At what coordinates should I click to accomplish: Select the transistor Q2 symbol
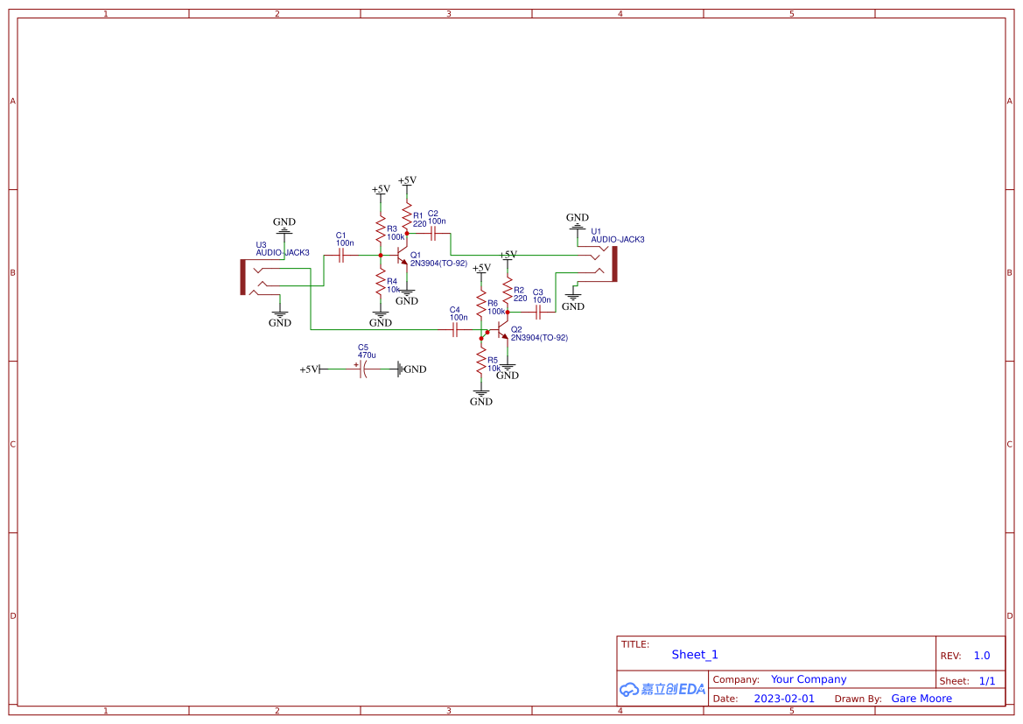pyautogui.click(x=503, y=330)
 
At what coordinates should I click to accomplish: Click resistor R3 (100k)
pyautogui.click(x=381, y=232)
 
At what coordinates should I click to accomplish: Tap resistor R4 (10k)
pyautogui.click(x=381, y=284)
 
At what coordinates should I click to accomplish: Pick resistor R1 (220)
pyautogui.click(x=407, y=214)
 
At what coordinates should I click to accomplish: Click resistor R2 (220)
pyautogui.click(x=508, y=290)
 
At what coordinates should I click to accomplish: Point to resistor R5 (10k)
pyautogui.click(x=481, y=361)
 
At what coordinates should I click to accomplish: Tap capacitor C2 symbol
pyautogui.click(x=434, y=234)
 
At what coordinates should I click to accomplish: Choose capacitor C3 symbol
pyautogui.click(x=538, y=311)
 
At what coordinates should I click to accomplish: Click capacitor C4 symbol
pyautogui.click(x=455, y=330)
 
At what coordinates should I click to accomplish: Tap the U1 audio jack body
pyautogui.click(x=613, y=264)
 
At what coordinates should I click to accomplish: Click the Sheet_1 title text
pyautogui.click(x=695, y=655)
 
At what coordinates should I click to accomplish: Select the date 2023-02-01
pyautogui.click(x=784, y=699)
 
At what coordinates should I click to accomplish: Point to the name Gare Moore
pyautogui.click(x=921, y=699)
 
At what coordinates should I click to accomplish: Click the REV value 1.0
pyautogui.click(x=982, y=656)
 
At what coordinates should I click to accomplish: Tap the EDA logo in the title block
pyautogui.click(x=662, y=689)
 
